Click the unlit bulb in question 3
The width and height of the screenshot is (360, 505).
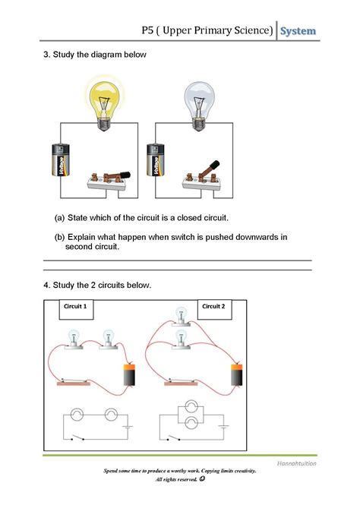click(199, 106)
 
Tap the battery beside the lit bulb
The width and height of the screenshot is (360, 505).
click(61, 159)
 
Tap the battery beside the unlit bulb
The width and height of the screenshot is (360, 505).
click(156, 159)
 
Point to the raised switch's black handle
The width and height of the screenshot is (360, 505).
click(214, 165)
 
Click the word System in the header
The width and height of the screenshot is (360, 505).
click(298, 31)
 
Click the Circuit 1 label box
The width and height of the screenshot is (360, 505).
click(76, 310)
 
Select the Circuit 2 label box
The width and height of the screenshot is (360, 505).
click(214, 310)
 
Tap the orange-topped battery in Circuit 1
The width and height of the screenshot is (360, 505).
click(130, 374)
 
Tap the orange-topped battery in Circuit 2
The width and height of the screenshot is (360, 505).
click(237, 374)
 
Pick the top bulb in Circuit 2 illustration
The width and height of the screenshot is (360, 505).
click(181, 316)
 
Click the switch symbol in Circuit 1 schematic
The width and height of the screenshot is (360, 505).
click(78, 437)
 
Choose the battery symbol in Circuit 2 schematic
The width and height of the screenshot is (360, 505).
click(223, 427)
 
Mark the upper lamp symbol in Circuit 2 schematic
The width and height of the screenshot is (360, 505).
click(191, 407)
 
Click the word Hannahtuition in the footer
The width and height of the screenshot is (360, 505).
click(296, 463)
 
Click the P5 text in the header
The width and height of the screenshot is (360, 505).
click(147, 30)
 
